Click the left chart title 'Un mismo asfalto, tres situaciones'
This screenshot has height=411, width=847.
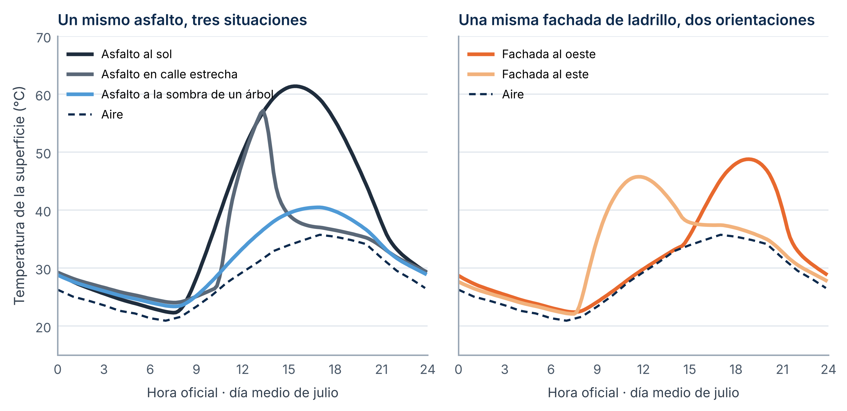[182, 20]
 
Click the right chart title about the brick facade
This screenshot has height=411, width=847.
[637, 20]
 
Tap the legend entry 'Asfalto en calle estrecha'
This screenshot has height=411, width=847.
[152, 74]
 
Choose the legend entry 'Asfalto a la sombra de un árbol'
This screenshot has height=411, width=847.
[170, 94]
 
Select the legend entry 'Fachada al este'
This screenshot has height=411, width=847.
[528, 74]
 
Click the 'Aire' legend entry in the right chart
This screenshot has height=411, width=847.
[496, 94]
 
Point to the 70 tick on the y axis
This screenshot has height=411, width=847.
[43, 38]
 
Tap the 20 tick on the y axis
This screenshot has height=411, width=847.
[43, 328]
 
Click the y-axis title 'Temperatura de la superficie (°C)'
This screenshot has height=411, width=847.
[19, 196]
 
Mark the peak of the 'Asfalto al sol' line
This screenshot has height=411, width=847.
[295, 86]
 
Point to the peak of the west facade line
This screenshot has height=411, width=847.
[748, 159]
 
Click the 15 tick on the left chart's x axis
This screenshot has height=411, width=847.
[289, 370]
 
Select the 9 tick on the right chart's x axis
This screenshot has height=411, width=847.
[597, 370]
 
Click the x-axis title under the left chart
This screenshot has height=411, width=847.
[243, 393]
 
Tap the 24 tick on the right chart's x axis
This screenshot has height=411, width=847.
[828, 370]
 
